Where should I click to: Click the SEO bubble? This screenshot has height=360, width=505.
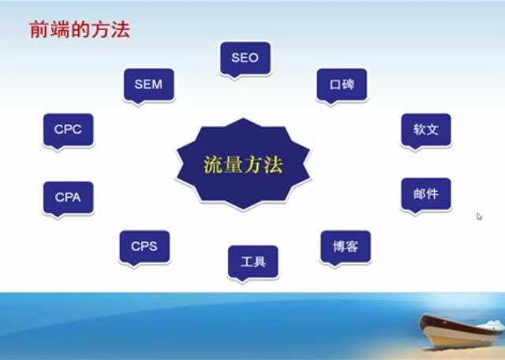(x=245, y=58)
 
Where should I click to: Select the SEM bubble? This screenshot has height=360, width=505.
(x=148, y=84)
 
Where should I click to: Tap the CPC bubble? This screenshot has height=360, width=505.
(x=68, y=129)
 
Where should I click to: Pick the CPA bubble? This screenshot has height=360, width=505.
(x=68, y=197)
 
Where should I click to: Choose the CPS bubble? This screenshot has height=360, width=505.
(x=144, y=246)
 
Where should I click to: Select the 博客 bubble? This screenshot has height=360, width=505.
(x=346, y=246)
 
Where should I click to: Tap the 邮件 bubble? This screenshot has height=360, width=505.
(x=426, y=193)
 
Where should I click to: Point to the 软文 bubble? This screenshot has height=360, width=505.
(x=426, y=129)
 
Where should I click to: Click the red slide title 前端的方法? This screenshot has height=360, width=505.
(x=78, y=30)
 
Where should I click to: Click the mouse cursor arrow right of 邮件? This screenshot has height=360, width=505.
(x=479, y=216)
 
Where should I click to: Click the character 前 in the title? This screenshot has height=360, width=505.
(x=38, y=30)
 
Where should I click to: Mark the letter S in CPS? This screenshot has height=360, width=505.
(x=153, y=246)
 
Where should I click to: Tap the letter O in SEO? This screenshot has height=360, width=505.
(x=254, y=58)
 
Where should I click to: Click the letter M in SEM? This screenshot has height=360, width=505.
(x=158, y=84)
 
